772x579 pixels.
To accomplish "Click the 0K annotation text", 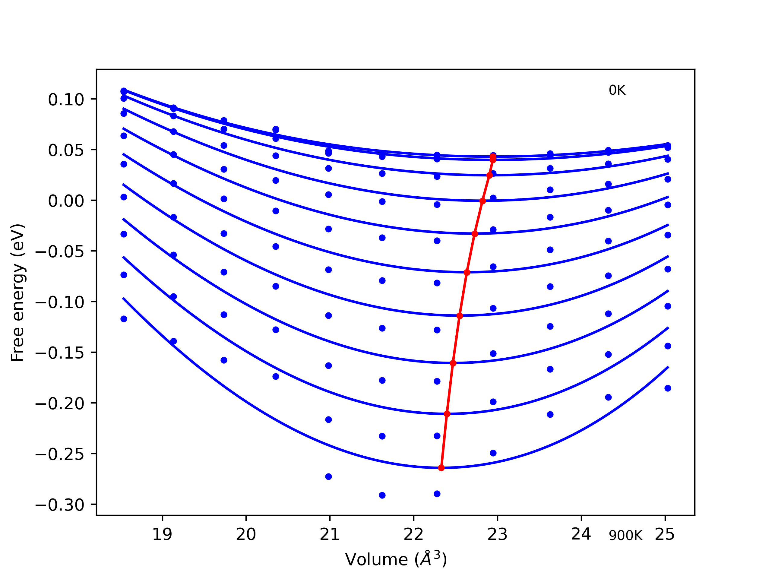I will point(617,90).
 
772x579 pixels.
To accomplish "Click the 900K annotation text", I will point(625,535).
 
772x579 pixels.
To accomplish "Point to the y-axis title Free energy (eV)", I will point(17,293).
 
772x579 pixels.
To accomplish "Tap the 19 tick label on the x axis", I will point(162,534).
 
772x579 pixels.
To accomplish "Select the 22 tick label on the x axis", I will point(413,534).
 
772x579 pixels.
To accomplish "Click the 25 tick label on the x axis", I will point(665,534).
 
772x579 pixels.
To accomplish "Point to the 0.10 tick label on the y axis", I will point(66,100).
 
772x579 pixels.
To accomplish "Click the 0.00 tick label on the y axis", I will point(66,201).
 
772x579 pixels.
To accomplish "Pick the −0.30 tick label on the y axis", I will point(60,505).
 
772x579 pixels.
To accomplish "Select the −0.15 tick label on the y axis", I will point(60,353).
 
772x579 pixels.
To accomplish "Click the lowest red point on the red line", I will point(441,468).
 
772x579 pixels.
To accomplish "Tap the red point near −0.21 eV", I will point(447,414).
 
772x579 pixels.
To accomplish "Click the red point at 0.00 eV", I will point(483,201).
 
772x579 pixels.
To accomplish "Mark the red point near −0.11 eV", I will point(460,316).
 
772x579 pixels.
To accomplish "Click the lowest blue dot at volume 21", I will point(328,477).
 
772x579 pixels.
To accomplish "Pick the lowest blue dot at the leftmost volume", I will point(124,319).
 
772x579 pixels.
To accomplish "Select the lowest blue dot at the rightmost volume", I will point(668,388).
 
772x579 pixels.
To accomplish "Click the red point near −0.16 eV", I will point(453,363).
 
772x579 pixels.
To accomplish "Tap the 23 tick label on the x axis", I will point(497,534).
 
